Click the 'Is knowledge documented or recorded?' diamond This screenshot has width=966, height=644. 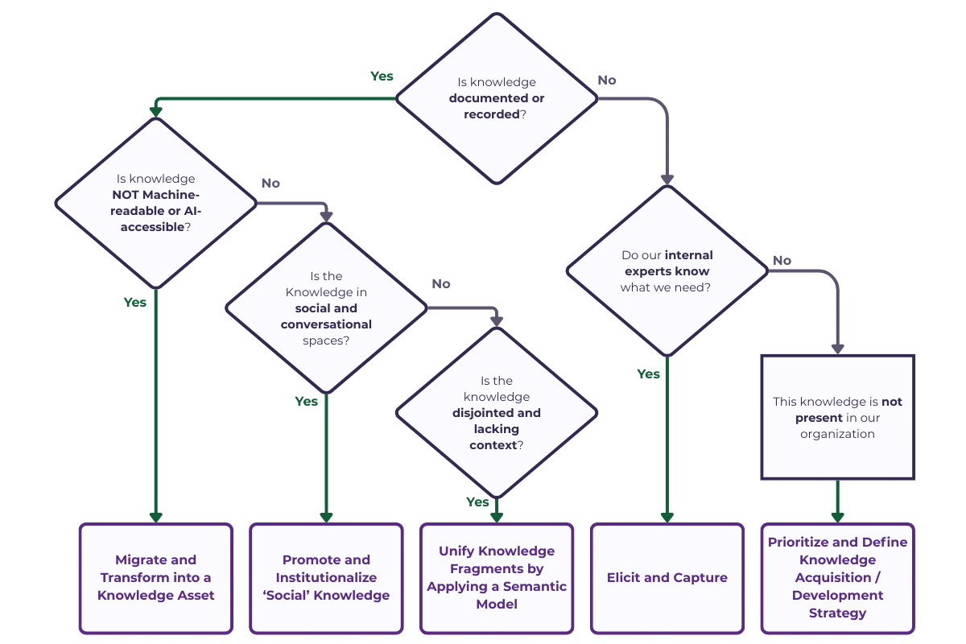pyautogui.click(x=497, y=98)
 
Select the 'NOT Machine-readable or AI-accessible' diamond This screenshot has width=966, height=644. pyautogui.click(x=155, y=203)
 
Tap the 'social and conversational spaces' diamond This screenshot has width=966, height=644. pyautogui.click(x=326, y=308)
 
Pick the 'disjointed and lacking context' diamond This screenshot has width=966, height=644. pyautogui.click(x=497, y=412)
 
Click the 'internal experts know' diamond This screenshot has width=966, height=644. pyautogui.click(x=667, y=270)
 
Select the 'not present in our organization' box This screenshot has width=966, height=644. pyautogui.click(x=837, y=417)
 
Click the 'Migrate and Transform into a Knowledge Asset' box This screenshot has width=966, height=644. pyautogui.click(x=155, y=578)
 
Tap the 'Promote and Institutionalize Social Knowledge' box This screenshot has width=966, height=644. pyautogui.click(x=326, y=578)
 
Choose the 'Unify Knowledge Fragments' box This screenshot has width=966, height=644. pyautogui.click(x=497, y=578)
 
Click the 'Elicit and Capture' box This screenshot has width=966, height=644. pyautogui.click(x=667, y=578)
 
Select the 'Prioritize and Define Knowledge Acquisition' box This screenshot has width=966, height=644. pyautogui.click(x=837, y=578)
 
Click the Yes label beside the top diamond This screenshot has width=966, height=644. pyautogui.click(x=382, y=76)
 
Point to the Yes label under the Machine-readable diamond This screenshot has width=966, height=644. pyautogui.click(x=135, y=303)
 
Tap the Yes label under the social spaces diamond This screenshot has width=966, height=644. pyautogui.click(x=306, y=401)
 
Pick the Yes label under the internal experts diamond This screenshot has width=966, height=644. pyautogui.click(x=648, y=374)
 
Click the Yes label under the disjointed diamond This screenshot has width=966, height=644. pyautogui.click(x=477, y=502)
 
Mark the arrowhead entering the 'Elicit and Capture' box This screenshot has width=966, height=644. pyautogui.click(x=667, y=517)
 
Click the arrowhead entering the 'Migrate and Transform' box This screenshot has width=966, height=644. pyautogui.click(x=155, y=517)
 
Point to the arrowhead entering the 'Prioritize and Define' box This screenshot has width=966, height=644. pyautogui.click(x=837, y=517)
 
